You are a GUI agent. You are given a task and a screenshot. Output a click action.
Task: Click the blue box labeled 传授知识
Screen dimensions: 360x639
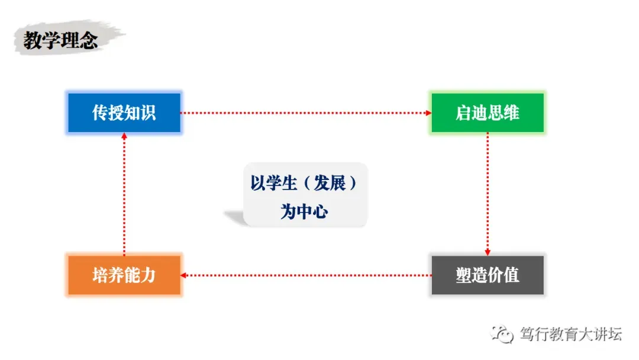tap(124, 112)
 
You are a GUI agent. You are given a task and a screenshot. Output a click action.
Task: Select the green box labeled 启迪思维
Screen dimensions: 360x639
tap(487, 112)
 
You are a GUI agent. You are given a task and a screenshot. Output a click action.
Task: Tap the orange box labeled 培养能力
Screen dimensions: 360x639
tap(124, 275)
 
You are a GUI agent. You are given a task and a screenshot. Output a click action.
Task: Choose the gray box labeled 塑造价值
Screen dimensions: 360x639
tap(487, 275)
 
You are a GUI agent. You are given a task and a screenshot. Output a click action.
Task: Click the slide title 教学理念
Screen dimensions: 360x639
tap(60, 40)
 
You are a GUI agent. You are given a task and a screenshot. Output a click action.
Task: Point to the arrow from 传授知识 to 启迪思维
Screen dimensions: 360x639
tap(305, 112)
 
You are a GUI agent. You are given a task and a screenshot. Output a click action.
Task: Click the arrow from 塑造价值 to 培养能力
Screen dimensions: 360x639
tap(305, 275)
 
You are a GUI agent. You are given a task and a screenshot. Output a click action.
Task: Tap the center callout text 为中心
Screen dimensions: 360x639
tap(304, 212)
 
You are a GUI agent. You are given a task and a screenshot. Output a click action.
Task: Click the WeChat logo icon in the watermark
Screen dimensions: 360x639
tap(504, 335)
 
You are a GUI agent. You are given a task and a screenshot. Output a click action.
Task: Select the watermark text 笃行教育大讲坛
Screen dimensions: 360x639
tap(570, 334)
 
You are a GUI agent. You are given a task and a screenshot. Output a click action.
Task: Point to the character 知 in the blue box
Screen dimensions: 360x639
tap(131, 112)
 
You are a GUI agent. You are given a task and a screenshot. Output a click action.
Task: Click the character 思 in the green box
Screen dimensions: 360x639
tap(495, 112)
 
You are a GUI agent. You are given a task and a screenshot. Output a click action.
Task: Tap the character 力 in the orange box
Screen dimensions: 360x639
tap(147, 275)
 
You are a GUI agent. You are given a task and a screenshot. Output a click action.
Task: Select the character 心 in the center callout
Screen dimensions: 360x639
tap(320, 212)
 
